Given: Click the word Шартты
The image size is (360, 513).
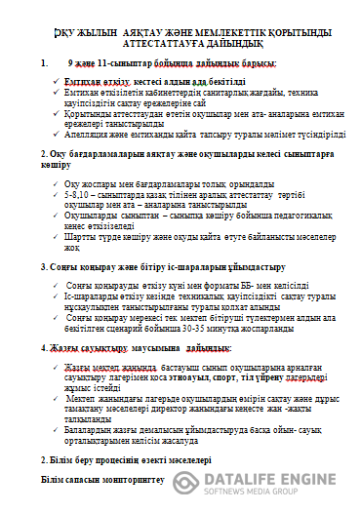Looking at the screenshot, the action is pos(74,236).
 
